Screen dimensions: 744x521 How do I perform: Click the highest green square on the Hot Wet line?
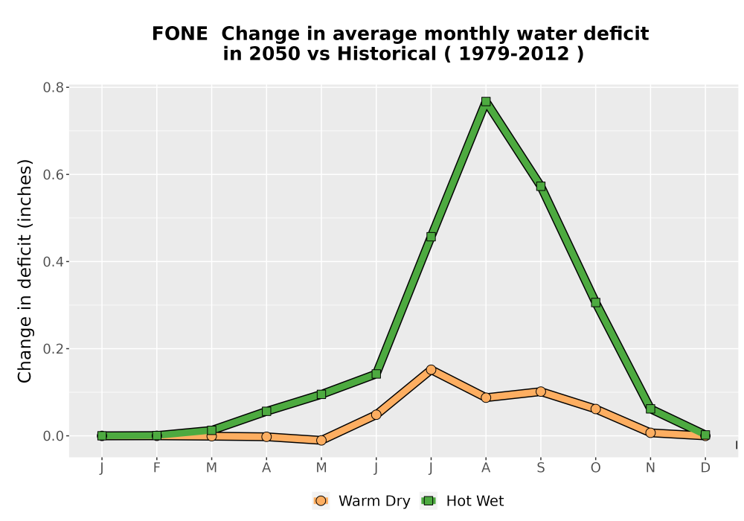[x=485, y=101]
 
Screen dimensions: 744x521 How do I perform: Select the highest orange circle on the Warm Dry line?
[x=431, y=370]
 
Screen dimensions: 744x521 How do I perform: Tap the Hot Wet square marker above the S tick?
[x=540, y=187]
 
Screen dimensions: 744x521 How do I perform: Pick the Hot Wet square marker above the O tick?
[x=595, y=302]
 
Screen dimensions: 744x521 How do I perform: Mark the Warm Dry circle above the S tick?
[x=540, y=391]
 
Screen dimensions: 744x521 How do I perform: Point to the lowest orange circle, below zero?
[x=321, y=441]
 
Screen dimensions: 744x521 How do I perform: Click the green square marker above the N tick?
[x=650, y=409]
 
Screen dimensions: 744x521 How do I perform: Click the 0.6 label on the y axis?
[x=53, y=175]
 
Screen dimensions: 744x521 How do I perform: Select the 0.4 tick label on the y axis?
[x=53, y=262]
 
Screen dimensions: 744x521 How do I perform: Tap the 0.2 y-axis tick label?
[x=53, y=349]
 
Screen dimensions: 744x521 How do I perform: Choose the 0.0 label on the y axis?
[x=53, y=436]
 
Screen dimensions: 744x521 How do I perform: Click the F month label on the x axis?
[x=156, y=468]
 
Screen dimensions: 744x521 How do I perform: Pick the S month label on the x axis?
[x=540, y=468]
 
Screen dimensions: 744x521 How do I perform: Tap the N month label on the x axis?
[x=650, y=468]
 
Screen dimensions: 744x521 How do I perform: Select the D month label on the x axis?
[x=705, y=468]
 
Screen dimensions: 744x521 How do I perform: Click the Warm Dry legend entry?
[x=362, y=501]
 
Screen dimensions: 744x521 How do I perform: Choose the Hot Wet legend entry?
[x=463, y=501]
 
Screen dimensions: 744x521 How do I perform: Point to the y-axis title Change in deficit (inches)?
[x=25, y=271]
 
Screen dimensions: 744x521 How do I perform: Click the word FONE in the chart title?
[x=180, y=34]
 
